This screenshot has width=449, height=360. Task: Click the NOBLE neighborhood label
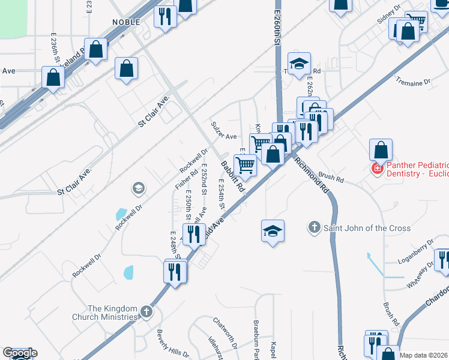pyautogui.click(x=126, y=22)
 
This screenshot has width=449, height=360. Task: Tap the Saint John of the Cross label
pyautogui.click(x=367, y=228)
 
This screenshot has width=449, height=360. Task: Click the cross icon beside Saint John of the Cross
pyautogui.click(x=313, y=227)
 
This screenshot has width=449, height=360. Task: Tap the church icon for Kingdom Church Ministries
pyautogui.click(x=147, y=311)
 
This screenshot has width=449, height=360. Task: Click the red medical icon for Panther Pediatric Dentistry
pyautogui.click(x=378, y=169)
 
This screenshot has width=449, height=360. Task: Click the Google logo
pyautogui.click(x=20, y=353)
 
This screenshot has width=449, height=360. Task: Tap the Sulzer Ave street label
pyautogui.click(x=223, y=130)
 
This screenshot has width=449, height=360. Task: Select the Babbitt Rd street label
pyautogui.click(x=232, y=176)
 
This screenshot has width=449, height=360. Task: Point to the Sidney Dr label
pyautogui.click(x=388, y=14)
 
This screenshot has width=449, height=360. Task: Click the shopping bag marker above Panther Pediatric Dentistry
pyautogui.click(x=381, y=149)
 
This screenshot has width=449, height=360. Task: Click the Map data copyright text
pyautogui.click(x=424, y=355)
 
